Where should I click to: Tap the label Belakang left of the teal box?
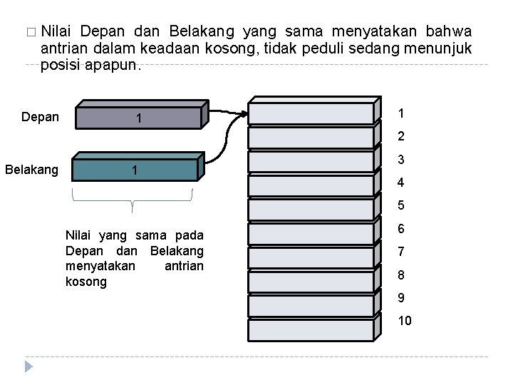coord(31,170)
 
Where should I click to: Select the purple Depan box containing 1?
coord(139,118)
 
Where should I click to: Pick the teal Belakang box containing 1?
coord(134,170)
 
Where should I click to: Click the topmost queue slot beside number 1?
coord(311,113)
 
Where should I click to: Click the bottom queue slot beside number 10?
coord(311,330)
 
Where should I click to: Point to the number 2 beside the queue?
coord(401,136)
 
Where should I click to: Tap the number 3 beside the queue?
coord(401,160)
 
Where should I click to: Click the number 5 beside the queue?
coord(401,206)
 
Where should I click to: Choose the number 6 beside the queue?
coord(401,229)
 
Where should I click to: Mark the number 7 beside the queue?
coord(401,252)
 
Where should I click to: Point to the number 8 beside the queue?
coord(401,274)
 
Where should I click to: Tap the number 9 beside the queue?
coord(401,298)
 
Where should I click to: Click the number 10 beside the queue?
coord(404,321)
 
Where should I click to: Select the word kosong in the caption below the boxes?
coord(85,282)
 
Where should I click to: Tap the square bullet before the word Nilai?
coord(28,32)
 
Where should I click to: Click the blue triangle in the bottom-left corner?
coord(28,366)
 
